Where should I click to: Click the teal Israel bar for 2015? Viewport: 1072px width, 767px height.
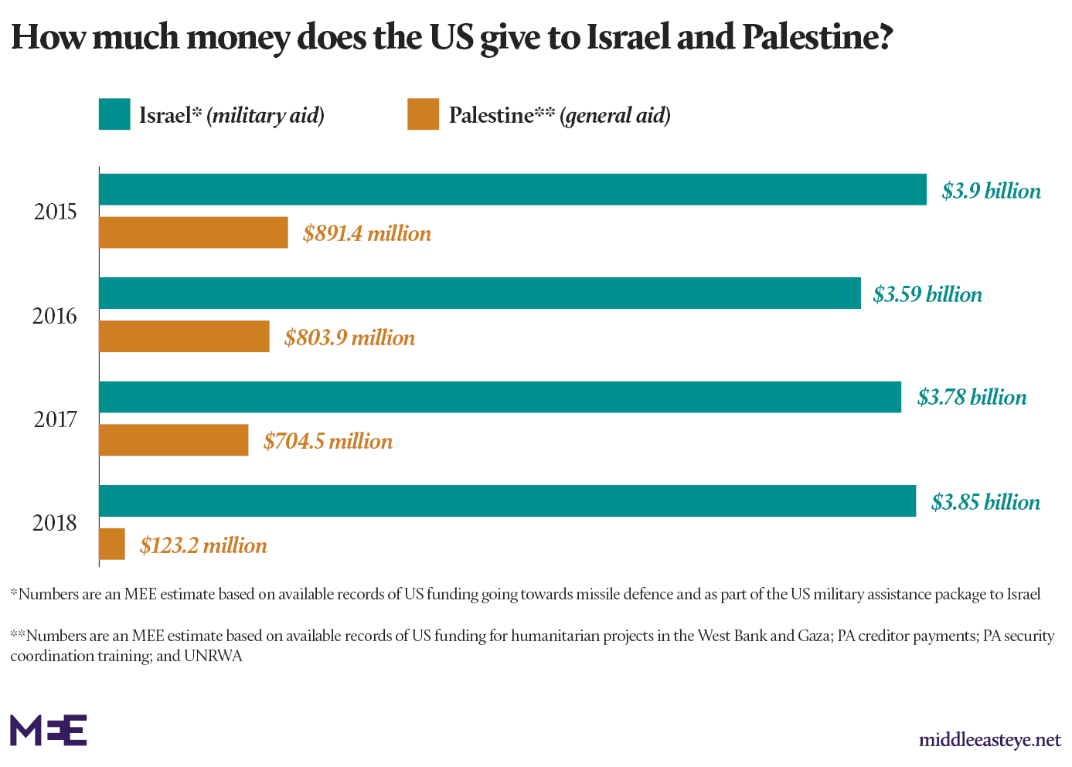pos(512,189)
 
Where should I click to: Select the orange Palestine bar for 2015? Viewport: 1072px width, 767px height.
pos(193,232)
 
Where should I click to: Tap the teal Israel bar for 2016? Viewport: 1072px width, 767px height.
pos(479,293)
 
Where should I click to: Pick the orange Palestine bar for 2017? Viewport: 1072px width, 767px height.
pos(173,440)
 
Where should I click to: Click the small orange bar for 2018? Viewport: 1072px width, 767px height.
pos(112,544)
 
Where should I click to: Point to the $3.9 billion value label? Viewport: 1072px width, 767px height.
pos(991,191)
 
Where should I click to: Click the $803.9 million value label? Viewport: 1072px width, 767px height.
pos(349,338)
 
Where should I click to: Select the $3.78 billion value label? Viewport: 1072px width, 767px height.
pos(972,397)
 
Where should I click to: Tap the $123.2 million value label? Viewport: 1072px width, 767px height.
pos(203,545)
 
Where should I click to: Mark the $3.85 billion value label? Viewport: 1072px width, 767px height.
pos(985,502)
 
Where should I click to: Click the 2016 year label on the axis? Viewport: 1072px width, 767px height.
pos(55,316)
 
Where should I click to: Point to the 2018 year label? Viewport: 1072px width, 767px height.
pos(55,523)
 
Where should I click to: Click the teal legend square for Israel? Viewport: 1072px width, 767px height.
pos(114,114)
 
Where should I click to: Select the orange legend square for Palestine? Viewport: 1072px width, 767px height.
pos(423,114)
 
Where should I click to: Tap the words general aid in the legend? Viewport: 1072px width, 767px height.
pos(614,116)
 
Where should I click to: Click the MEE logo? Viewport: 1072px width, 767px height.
pos(48,730)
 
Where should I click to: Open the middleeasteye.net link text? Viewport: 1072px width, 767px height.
pos(989,740)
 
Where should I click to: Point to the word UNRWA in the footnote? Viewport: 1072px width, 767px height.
pos(213,657)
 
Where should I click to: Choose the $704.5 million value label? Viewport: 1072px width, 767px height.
pos(328,441)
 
